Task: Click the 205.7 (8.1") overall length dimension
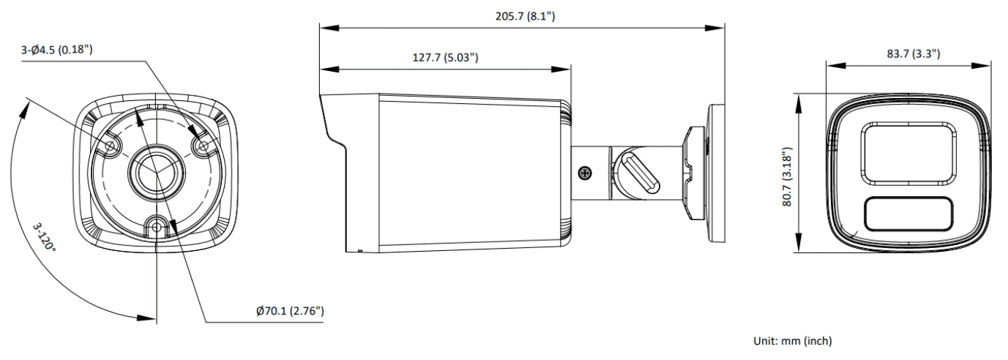525,16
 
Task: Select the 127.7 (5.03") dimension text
446,58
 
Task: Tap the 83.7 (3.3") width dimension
914,54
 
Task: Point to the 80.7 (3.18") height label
787,177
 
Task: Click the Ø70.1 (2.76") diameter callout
291,311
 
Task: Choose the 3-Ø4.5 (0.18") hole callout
56,50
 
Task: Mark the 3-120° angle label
44,237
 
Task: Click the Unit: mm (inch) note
793,341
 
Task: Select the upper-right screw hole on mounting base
204,146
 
